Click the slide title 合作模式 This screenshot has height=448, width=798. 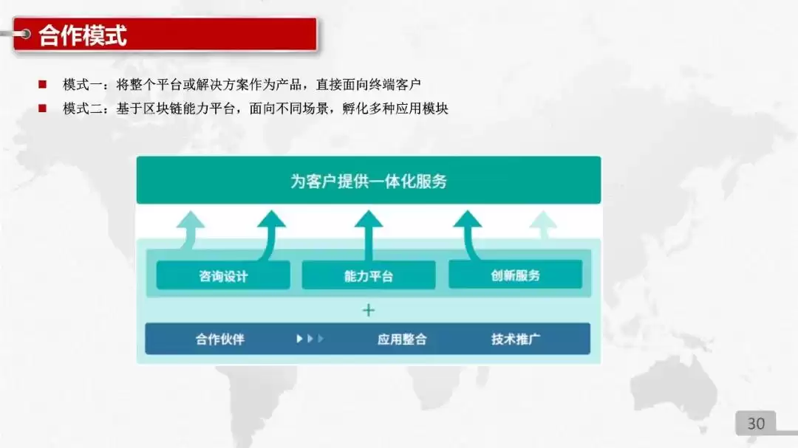pos(83,35)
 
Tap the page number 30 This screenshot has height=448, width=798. pos(756,424)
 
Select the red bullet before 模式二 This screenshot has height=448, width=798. pos(43,108)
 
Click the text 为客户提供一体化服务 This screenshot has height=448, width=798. pos(368,181)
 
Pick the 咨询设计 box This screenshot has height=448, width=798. pos(223,276)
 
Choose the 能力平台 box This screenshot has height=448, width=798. pos(368,276)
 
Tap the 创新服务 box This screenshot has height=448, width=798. pos(515,275)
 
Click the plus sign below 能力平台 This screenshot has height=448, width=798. pos(368,310)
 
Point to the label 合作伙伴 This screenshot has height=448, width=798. pos(219,340)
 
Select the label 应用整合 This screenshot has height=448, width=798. pos(402,340)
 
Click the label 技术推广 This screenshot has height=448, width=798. pos(516,340)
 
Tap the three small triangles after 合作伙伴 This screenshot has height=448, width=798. pos(310,339)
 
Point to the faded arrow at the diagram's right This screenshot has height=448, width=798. pos(544,225)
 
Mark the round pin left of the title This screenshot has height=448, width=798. pos(24,33)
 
